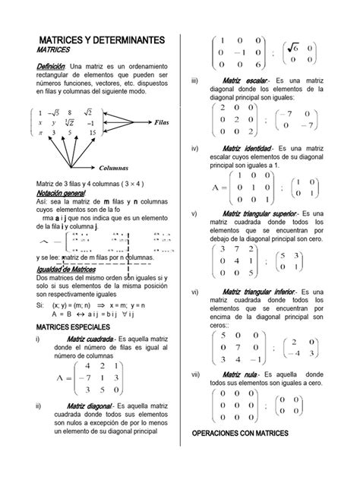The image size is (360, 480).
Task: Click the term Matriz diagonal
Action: click(90, 408)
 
